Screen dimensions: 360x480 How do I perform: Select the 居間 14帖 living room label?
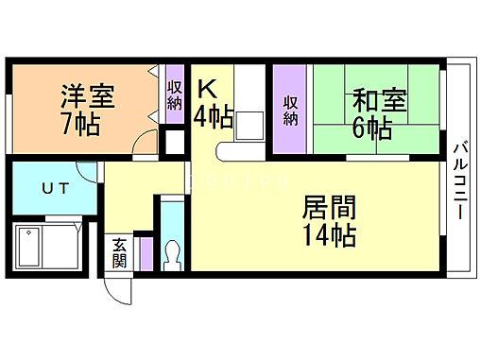click(329, 220)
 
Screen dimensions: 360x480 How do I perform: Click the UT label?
click(53, 188)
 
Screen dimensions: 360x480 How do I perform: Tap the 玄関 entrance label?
click(120, 253)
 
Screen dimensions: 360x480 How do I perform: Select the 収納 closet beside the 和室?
click(291, 110)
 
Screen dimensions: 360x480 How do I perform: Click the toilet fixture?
click(172, 252)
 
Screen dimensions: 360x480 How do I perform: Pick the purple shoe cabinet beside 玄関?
click(145, 253)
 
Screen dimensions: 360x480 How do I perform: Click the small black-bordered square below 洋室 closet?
click(174, 143)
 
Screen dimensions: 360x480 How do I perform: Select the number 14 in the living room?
click(316, 234)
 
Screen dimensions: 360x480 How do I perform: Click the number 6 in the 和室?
click(361, 127)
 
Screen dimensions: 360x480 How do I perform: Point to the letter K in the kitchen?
click(208, 90)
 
